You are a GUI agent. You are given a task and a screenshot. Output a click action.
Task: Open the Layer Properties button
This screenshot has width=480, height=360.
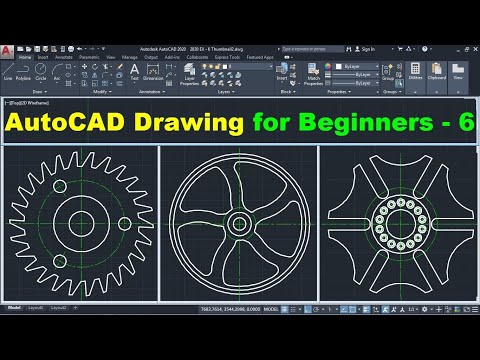pos(190,72)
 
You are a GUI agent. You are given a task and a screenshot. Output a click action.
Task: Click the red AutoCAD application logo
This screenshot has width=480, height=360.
pos(8,49)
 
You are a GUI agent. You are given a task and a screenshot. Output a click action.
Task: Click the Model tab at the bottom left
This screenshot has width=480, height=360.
pos(14,336)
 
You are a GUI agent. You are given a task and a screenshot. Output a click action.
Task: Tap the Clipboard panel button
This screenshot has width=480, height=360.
pos(436,72)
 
